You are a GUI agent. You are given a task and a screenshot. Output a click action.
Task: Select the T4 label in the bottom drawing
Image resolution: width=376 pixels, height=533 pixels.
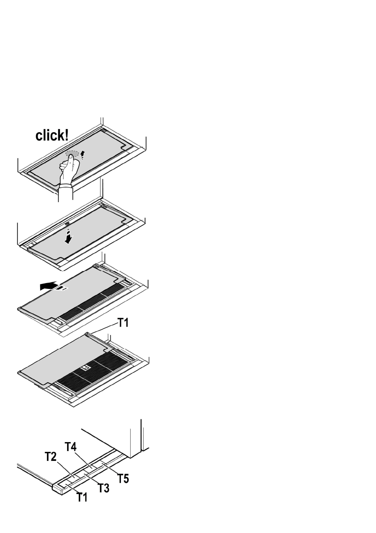pos(71,447)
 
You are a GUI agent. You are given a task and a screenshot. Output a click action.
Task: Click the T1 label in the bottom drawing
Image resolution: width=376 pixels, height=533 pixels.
pos(81,497)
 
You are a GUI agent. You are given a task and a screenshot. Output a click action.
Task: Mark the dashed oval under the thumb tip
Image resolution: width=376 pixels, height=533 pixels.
pos(72,154)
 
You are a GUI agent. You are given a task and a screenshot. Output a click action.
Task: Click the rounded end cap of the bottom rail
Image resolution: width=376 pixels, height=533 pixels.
pos(58,489)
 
